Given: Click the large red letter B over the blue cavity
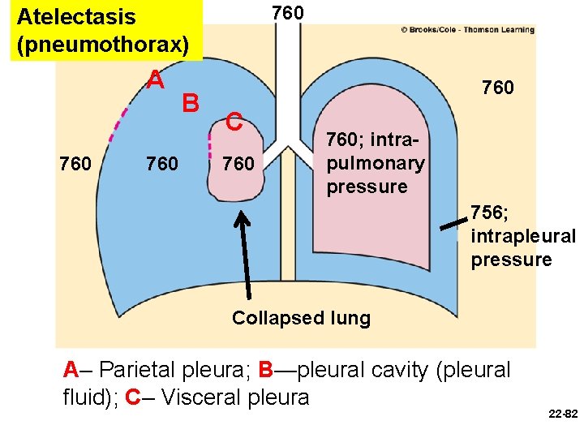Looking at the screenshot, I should point(191,104).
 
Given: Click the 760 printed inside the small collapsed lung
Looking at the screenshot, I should point(238,165).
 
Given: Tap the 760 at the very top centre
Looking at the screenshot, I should point(287,13).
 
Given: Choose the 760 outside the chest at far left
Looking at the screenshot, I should point(75,165).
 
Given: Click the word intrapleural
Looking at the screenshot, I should point(522,237).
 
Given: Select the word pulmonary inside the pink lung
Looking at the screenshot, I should point(375,163).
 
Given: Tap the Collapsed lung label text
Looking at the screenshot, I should point(301,318).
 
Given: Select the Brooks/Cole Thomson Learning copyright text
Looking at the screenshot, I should point(467,30).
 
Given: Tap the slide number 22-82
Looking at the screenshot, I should point(562,414).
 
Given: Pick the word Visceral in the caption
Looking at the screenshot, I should point(197,397).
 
